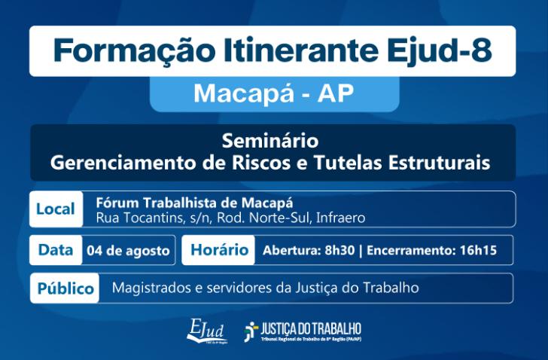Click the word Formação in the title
[134, 52]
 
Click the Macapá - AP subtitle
[274, 93]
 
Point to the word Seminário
[270, 141]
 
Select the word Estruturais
[439, 163]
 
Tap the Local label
[56, 209]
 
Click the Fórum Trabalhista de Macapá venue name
[195, 203]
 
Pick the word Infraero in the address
[341, 218]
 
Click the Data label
[56, 250]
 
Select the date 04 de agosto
[128, 251]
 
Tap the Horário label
[220, 250]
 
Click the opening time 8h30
[339, 250]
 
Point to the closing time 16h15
[478, 250]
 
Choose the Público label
[65, 288]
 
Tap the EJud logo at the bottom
[207, 331]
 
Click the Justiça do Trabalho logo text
[311, 329]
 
